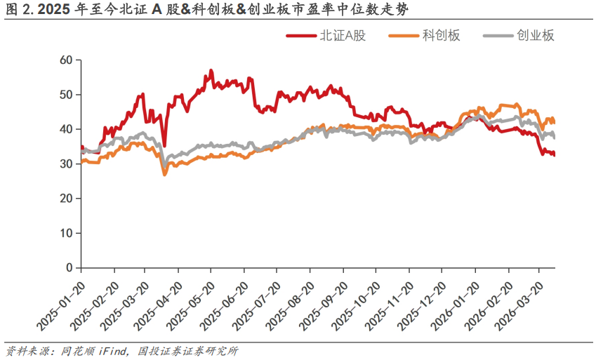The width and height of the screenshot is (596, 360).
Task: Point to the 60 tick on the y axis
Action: coord(67,60)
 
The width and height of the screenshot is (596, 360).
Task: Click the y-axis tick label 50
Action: coord(67,95)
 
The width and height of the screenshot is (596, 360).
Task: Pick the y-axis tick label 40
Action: coord(67,129)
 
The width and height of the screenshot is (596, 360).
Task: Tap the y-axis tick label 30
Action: coord(67,164)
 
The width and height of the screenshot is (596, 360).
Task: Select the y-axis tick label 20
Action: coord(67,199)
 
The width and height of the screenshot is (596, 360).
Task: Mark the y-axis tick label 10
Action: coord(67,233)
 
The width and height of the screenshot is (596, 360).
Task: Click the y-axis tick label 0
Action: coord(69,267)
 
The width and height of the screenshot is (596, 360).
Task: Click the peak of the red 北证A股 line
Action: coord(211,70)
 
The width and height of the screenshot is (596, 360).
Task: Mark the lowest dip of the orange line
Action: coord(164,174)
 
